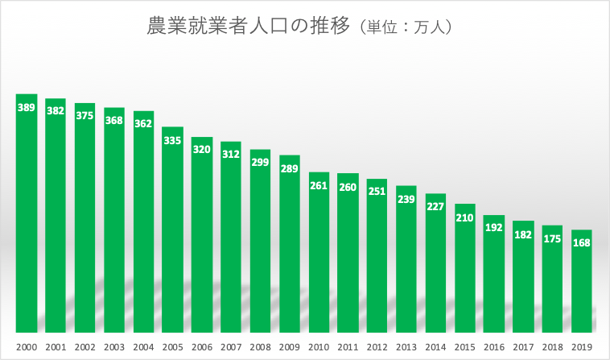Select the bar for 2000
pyautogui.click(x=27, y=217)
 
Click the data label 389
pyautogui.click(x=27, y=107)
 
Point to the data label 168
pyautogui.click(x=582, y=242)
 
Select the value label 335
pyautogui.click(x=173, y=140)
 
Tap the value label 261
pyautogui.click(x=319, y=185)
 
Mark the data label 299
pyautogui.click(x=260, y=162)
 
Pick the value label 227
pyautogui.click(x=435, y=206)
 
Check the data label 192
pyautogui.click(x=494, y=228)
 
